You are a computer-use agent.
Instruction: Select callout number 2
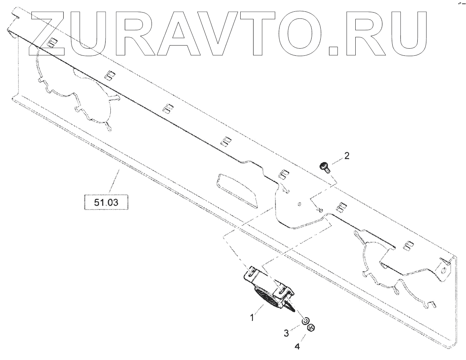[346, 156]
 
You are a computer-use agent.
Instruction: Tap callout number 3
[287, 333]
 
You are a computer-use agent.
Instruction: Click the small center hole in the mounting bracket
[300, 204]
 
